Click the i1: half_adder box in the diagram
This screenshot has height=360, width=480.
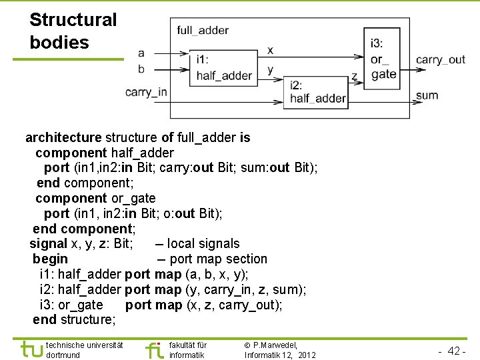point(223,67)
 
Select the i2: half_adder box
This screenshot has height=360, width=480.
point(317,92)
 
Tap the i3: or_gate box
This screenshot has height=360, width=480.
point(383,59)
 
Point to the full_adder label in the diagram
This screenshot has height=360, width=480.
point(203,30)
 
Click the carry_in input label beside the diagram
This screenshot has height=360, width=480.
point(146,92)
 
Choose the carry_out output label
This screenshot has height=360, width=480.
point(440,59)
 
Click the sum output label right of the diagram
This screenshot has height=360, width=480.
point(427,95)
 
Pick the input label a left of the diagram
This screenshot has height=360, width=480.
point(141,53)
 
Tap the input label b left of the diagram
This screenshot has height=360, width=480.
point(141,68)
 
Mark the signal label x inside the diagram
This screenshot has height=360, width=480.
point(270,50)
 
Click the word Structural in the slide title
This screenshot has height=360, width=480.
point(73,20)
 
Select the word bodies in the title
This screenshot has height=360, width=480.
point(59,43)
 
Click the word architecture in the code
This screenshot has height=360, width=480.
point(63,138)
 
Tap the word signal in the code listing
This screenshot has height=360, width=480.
point(48,244)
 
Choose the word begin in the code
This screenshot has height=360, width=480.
point(50,259)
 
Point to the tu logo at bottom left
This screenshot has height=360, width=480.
point(31,349)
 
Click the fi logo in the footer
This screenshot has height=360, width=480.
point(154,349)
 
